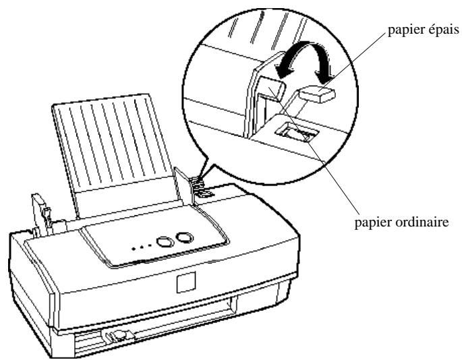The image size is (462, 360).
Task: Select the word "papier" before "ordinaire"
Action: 372,223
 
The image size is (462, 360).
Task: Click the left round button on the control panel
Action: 165,241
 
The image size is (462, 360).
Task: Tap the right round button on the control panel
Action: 185,237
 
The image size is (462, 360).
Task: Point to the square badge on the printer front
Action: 186,282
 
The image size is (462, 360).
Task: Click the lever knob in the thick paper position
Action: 318,94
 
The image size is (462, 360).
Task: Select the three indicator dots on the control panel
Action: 142,247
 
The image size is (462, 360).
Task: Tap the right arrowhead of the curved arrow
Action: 324,77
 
